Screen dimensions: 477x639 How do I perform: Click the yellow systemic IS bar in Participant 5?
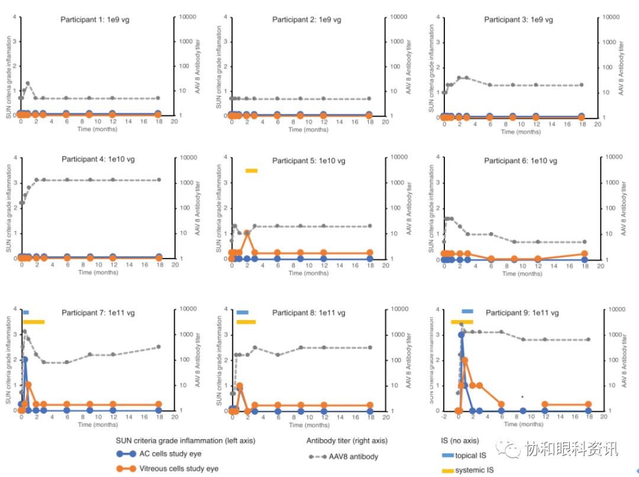pos(251,171)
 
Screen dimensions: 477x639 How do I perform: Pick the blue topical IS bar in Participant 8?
pos(243,312)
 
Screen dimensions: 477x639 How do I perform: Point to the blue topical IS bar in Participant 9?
pos(467,311)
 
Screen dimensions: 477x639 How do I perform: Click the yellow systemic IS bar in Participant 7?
pos(34,322)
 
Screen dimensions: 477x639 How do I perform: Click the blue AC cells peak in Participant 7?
pos(25,359)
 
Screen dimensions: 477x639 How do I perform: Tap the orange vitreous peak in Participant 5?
pos(247,233)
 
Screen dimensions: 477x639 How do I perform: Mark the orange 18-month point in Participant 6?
pos(585,254)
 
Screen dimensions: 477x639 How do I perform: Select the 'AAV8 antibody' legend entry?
pos(353,456)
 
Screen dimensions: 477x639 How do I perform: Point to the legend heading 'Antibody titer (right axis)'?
pos(347,441)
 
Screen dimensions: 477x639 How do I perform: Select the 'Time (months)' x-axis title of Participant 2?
pos(308,130)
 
